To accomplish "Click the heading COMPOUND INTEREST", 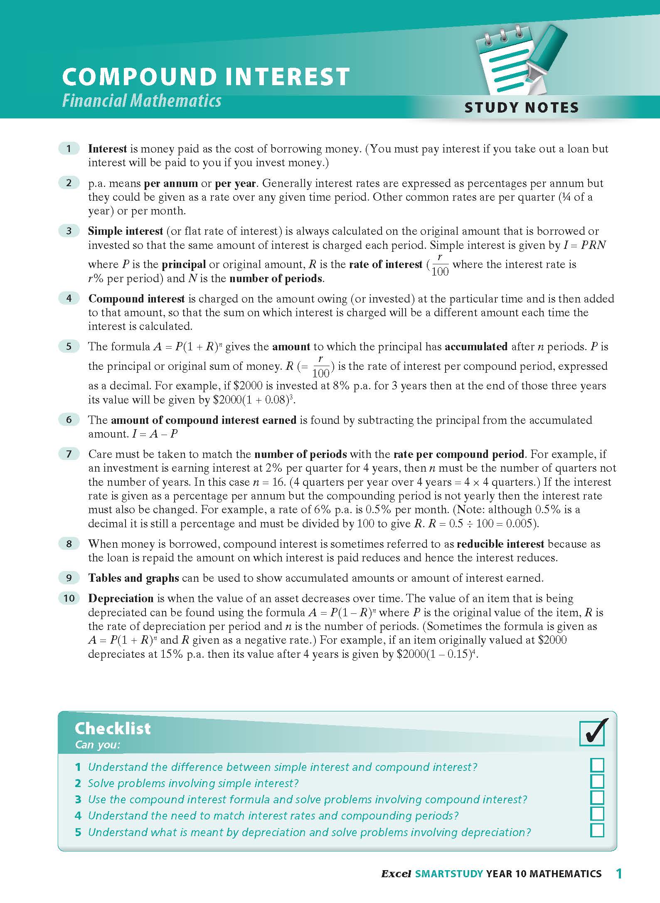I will [x=206, y=77].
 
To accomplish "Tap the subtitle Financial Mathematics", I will [x=142, y=101].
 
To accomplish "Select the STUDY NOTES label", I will [x=521, y=108].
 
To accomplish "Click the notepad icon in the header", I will [x=505, y=58].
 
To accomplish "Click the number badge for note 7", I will [x=69, y=454].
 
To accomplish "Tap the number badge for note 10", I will [x=69, y=598].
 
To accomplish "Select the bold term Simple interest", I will [x=126, y=231].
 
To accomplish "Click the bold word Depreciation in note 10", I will [x=121, y=598].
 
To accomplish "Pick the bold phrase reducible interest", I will [x=500, y=544].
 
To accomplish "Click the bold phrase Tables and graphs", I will [x=133, y=578].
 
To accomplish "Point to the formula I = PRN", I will [x=584, y=245].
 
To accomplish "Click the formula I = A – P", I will [x=155, y=434].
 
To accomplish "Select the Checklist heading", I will [x=113, y=728].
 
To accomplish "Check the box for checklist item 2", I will [x=597, y=781].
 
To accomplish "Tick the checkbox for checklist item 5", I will [x=597, y=830].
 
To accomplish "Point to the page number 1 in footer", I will [x=619, y=874].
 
